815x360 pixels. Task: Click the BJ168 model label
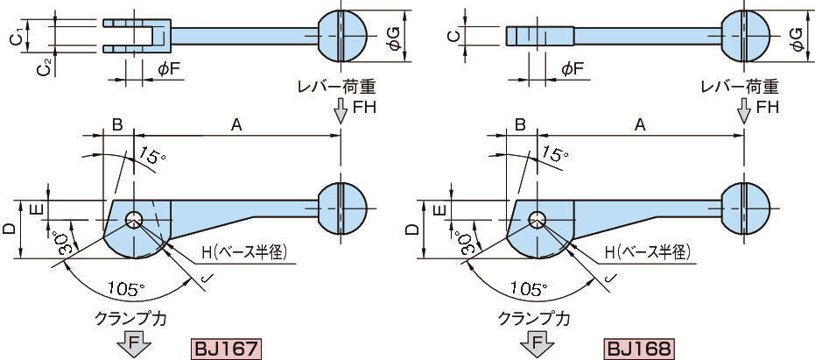(x=638, y=349)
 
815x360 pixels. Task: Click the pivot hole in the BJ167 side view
(x=134, y=219)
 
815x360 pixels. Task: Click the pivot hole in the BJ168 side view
(x=537, y=219)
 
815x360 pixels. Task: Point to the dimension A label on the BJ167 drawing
(x=235, y=125)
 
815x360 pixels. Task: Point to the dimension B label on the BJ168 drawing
(x=519, y=125)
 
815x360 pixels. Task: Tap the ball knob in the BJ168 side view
(x=745, y=210)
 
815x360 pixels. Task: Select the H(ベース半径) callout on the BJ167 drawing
(x=242, y=253)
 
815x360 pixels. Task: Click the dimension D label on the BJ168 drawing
(x=412, y=229)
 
